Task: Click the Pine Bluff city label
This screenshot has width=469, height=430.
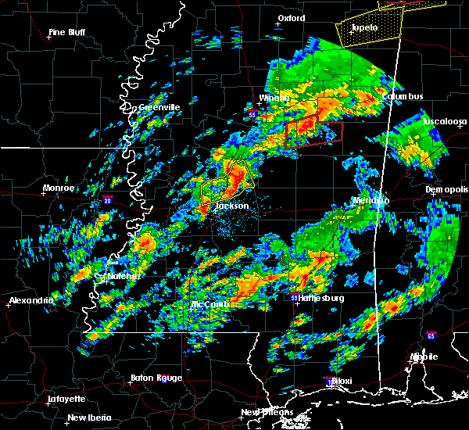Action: pyautogui.click(x=66, y=32)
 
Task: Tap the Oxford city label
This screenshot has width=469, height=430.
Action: pyautogui.click(x=291, y=17)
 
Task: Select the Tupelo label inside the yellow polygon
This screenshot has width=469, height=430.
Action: pyautogui.click(x=364, y=28)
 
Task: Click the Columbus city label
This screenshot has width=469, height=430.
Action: pyautogui.click(x=403, y=96)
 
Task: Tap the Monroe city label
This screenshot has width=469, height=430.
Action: pyautogui.click(x=59, y=188)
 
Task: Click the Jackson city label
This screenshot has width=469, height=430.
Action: pyautogui.click(x=232, y=206)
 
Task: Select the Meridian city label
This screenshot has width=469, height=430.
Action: pyautogui.click(x=371, y=200)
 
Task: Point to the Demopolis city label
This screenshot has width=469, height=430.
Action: pyautogui.click(x=447, y=190)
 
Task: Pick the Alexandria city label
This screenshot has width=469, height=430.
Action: pyautogui.click(x=30, y=300)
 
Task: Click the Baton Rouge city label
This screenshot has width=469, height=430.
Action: pyautogui.click(x=159, y=378)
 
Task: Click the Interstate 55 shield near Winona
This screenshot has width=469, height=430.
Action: pyautogui.click(x=252, y=114)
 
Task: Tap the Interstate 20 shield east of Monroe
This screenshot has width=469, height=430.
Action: pyautogui.click(x=107, y=200)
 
